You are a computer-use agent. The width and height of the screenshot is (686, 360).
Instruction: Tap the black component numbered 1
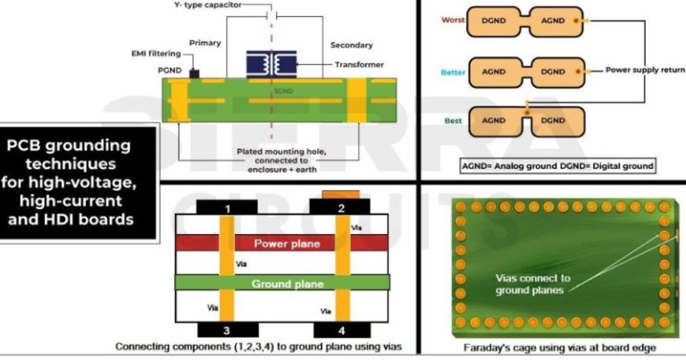228,209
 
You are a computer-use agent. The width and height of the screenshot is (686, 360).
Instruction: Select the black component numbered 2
340,209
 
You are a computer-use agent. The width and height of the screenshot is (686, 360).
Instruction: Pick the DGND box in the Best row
554,121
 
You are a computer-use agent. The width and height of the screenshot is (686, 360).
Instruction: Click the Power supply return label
643,70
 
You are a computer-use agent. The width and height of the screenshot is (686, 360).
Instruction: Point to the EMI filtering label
154,54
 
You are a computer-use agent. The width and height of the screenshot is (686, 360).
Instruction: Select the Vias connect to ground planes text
534,284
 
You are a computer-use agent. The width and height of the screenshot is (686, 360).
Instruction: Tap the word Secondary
352,44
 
